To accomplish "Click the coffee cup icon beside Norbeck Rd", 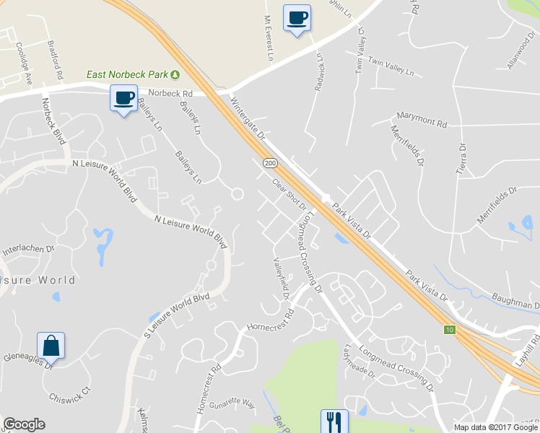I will [x=123, y=97].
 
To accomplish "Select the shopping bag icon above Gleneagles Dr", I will [x=51, y=346].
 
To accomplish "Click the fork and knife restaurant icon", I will [x=334, y=420].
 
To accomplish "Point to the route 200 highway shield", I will [x=269, y=165].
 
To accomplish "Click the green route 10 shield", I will [x=450, y=330].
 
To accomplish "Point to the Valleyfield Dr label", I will [x=280, y=279].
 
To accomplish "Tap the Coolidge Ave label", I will [x=25, y=63].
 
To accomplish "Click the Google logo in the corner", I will [x=24, y=424].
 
